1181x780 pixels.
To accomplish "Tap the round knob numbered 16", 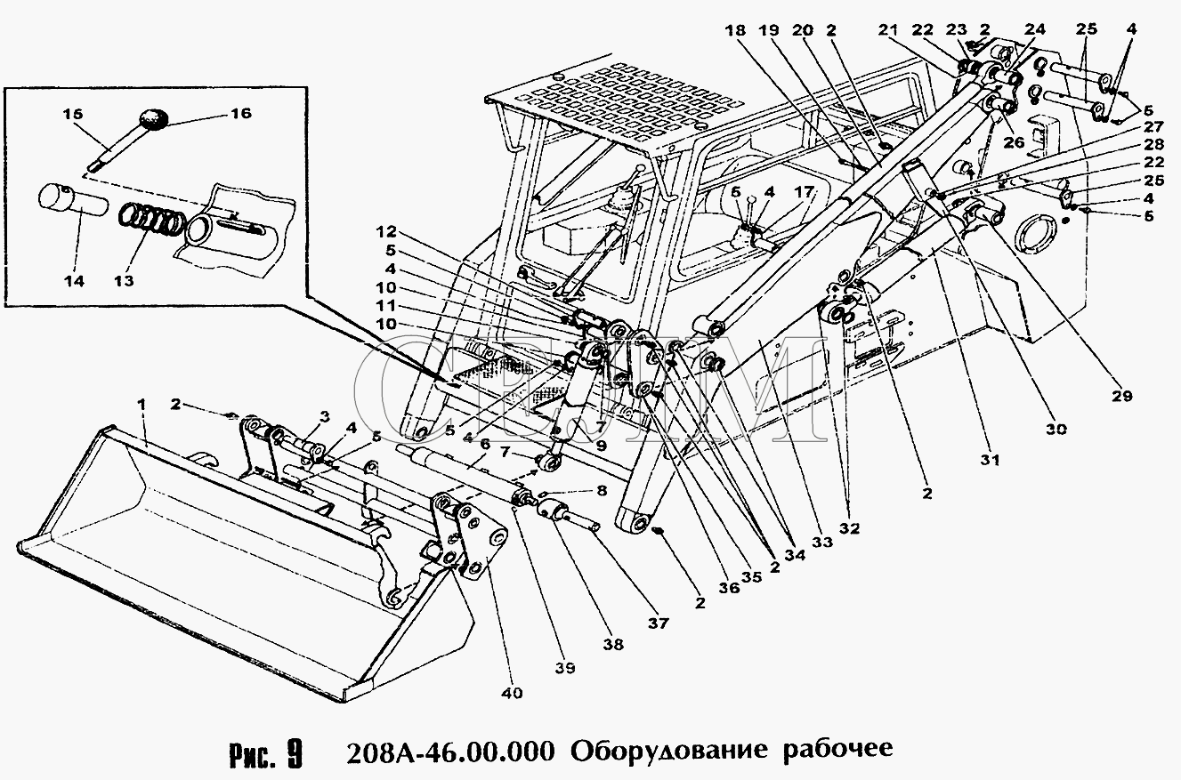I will pyautogui.click(x=157, y=119).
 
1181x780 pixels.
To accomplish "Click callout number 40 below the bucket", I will pyautogui.click(x=513, y=692).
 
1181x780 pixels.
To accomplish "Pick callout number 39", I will pyautogui.click(x=565, y=667).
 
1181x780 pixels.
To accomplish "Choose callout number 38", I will pyautogui.click(x=613, y=644).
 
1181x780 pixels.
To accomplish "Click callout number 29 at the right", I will pyautogui.click(x=1122, y=396).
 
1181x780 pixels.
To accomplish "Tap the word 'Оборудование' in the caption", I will pyautogui.click(x=667, y=750).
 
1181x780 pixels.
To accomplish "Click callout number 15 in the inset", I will pyautogui.click(x=73, y=114).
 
